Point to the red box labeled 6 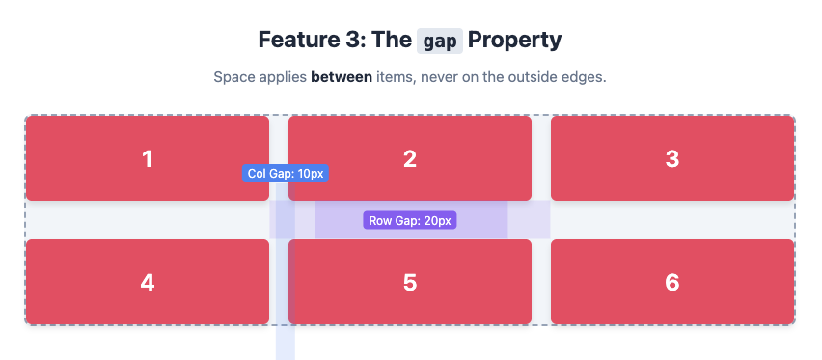pyautogui.click(x=714, y=282)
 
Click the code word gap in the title pyautogui.click(x=441, y=42)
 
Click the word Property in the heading pyautogui.click(x=514, y=41)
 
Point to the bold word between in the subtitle pyautogui.click(x=342, y=76)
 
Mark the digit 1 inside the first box pyautogui.click(x=147, y=159)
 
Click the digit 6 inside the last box pyautogui.click(x=672, y=282)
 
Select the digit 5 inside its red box pyautogui.click(x=410, y=282)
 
